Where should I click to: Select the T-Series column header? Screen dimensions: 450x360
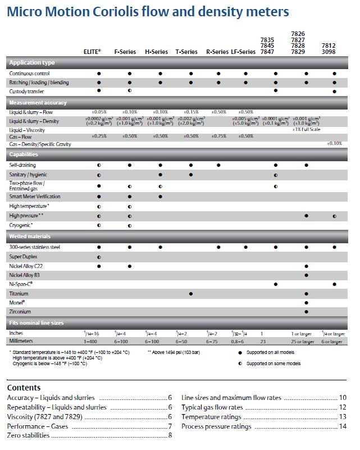[x=186, y=52]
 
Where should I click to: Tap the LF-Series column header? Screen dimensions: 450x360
[x=243, y=52]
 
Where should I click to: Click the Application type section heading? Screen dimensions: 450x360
[x=32, y=63]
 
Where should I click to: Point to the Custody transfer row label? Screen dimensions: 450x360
[x=26, y=91]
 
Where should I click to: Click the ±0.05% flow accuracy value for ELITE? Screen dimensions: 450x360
[x=99, y=112]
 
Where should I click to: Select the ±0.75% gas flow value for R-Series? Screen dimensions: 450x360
[x=218, y=136]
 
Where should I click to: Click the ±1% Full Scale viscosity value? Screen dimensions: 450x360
[x=306, y=130]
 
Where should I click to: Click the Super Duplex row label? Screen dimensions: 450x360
[x=24, y=256]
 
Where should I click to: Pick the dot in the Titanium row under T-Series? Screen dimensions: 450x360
[x=192, y=294]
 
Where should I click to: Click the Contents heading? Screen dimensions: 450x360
[x=24, y=388]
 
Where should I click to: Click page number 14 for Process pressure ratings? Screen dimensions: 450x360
[x=342, y=426]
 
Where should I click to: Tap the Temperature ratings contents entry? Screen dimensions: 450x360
[x=211, y=417]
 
